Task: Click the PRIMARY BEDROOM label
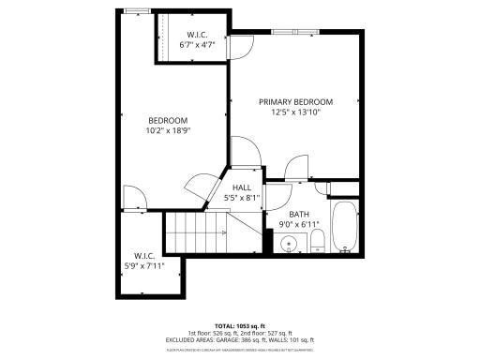[295, 101]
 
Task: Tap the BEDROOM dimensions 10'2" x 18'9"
[167, 130]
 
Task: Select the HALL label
[242, 187]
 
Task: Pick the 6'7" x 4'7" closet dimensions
[198, 44]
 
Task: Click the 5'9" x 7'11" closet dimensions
[143, 265]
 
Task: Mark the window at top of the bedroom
[138, 11]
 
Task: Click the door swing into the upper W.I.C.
[241, 47]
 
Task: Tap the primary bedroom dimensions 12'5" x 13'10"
[295, 112]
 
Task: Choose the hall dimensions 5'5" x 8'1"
[242, 198]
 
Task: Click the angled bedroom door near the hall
[199, 185]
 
